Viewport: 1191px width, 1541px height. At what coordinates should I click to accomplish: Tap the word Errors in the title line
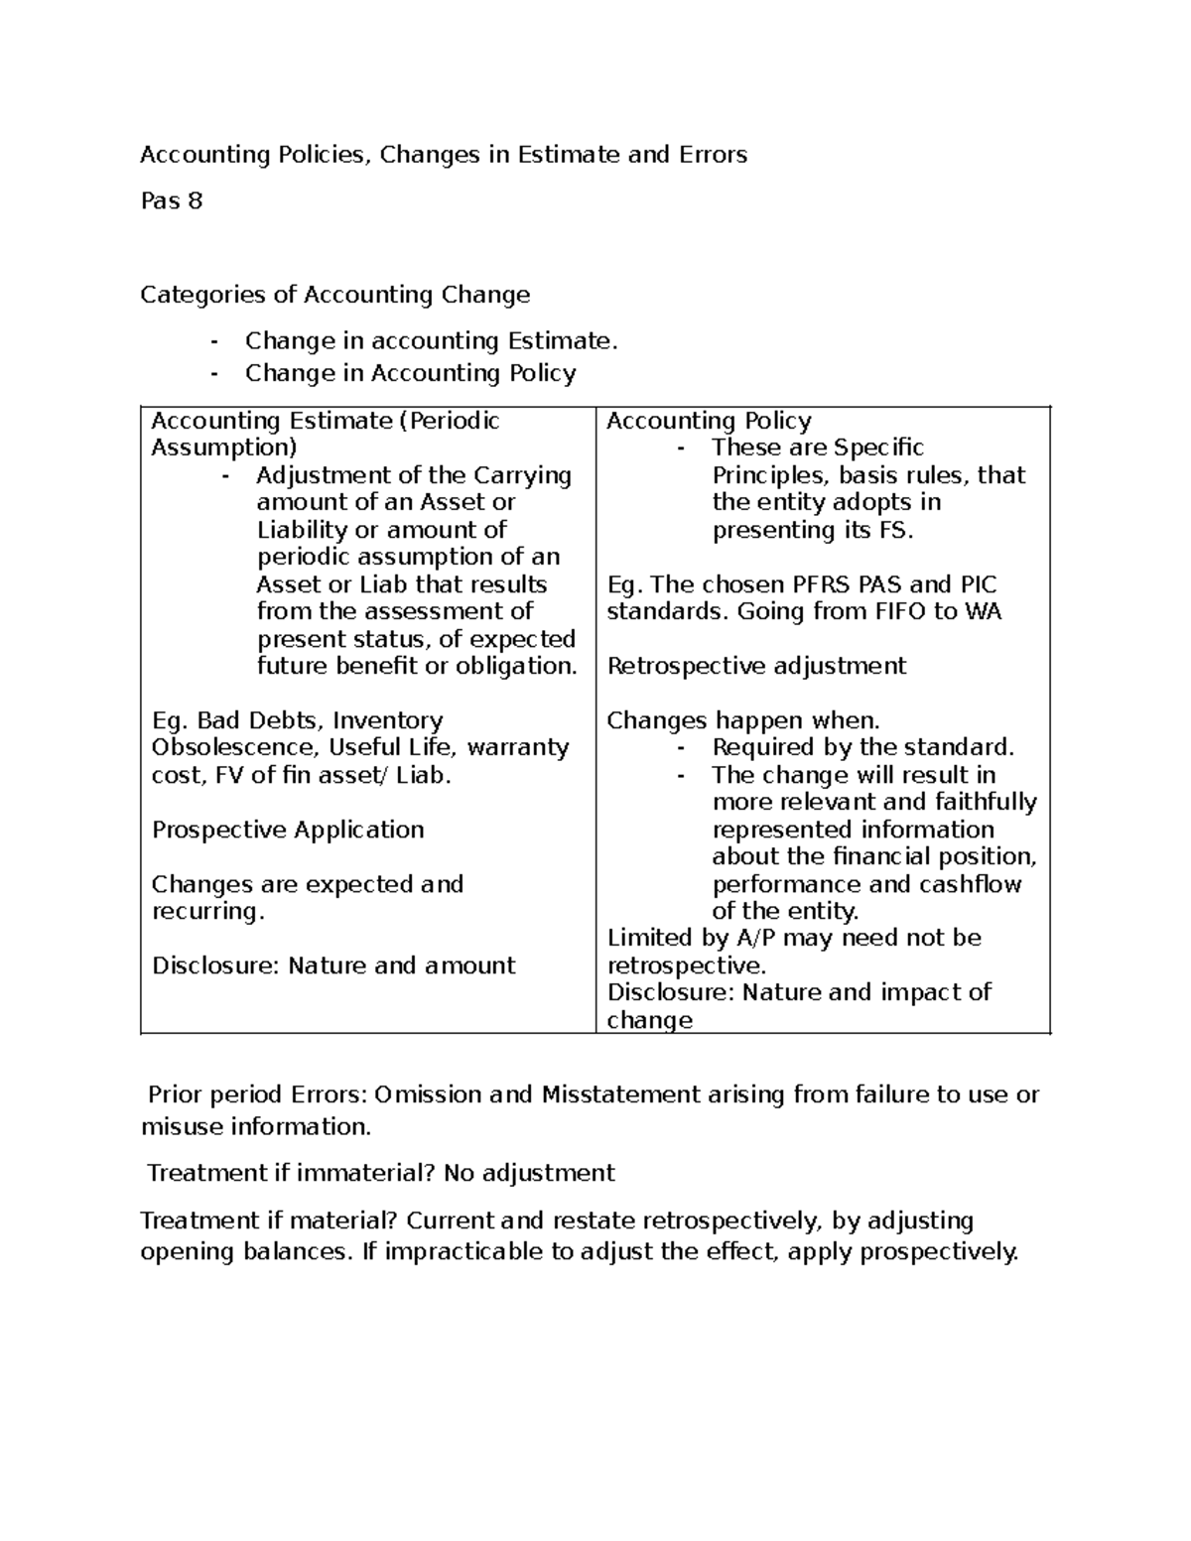click(713, 155)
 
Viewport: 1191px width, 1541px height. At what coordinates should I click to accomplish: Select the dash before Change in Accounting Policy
click(214, 374)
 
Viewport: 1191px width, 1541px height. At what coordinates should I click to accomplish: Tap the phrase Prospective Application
click(288, 830)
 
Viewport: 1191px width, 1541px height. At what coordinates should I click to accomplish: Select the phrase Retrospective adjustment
click(756, 666)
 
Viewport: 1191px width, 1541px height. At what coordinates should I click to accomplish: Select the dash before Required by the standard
click(680, 748)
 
